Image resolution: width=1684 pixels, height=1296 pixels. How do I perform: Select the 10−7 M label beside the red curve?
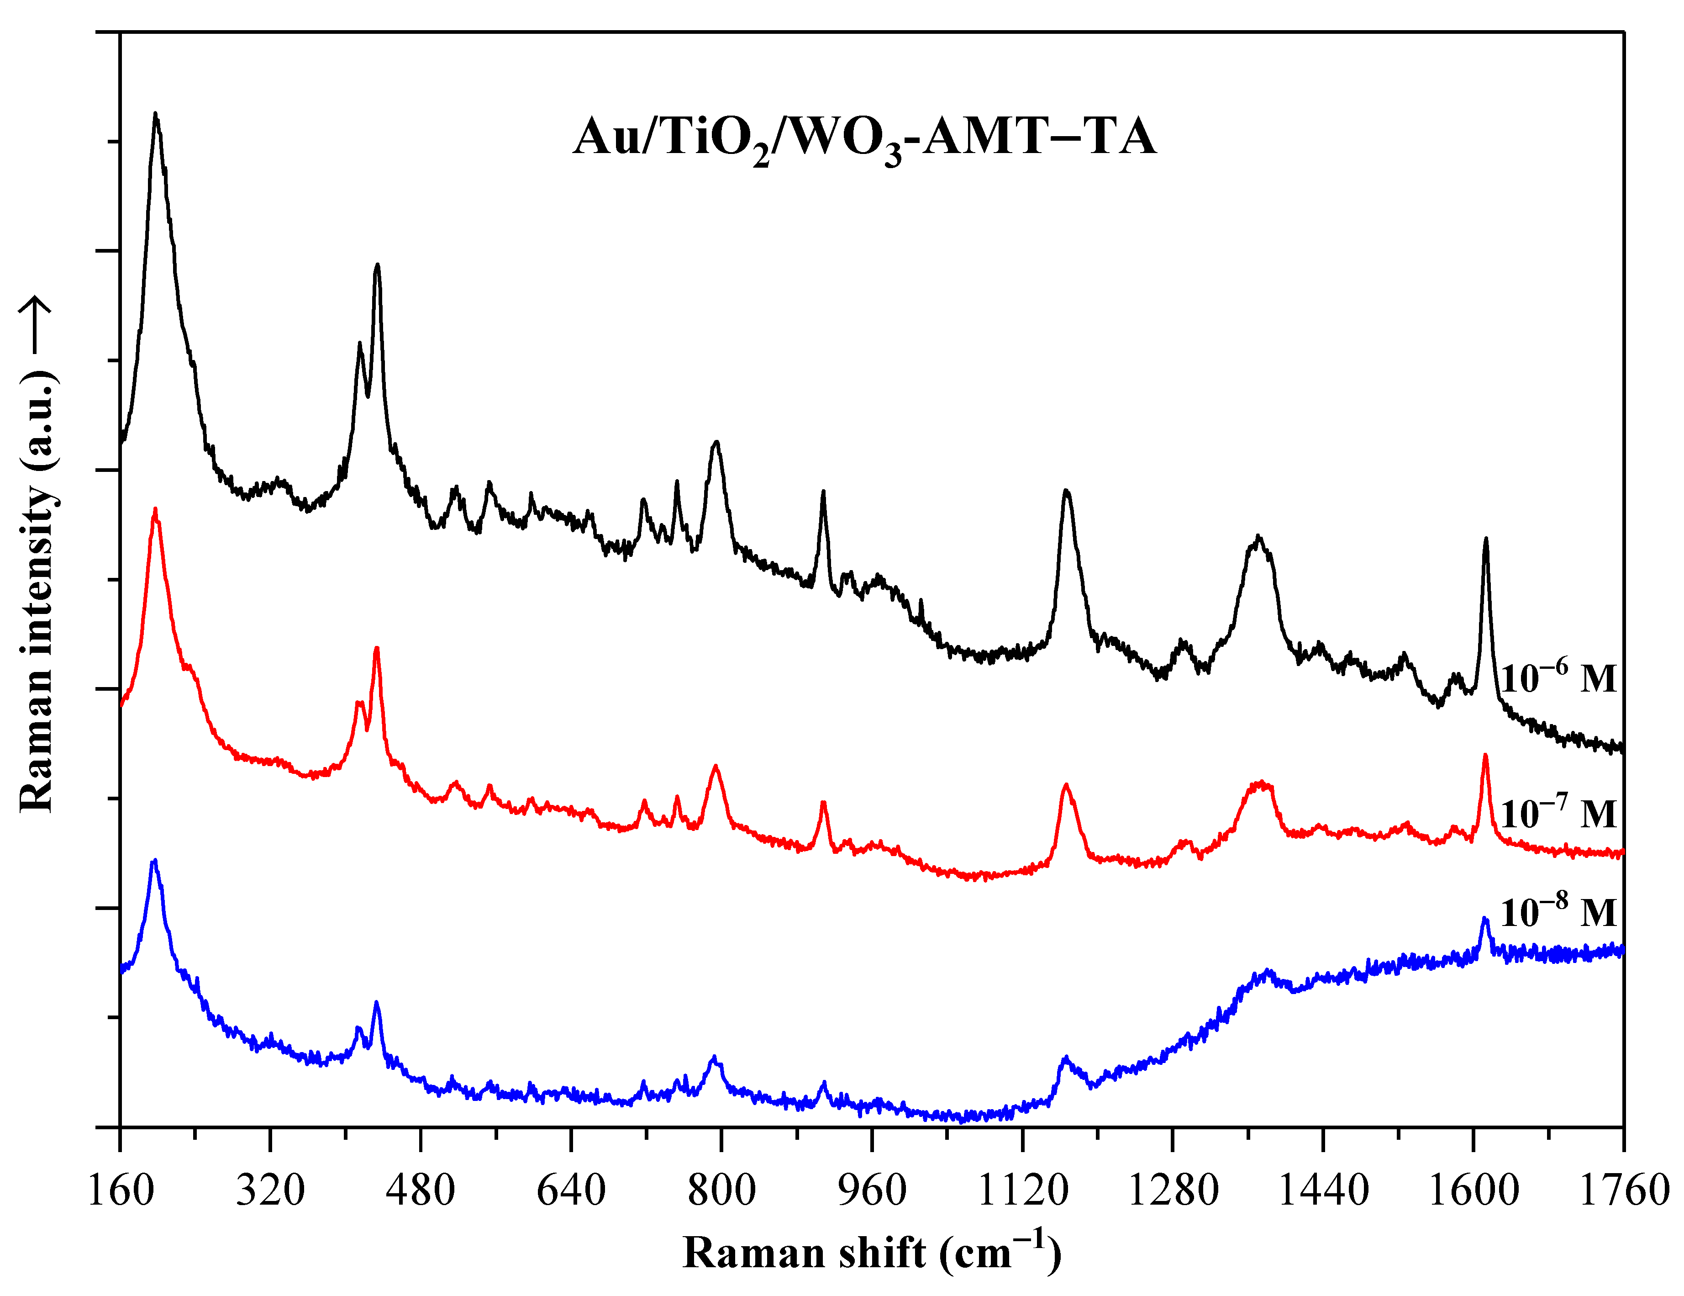click(x=1558, y=812)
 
